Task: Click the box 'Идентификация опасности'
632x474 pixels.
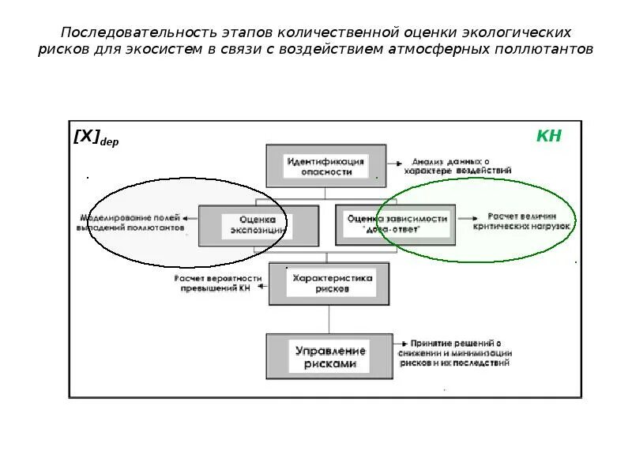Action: click(325, 166)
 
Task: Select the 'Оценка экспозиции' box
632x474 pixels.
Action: click(258, 225)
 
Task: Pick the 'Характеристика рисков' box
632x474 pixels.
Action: click(328, 284)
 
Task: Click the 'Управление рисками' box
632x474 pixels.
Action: click(329, 357)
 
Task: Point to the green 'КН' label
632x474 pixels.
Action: click(548, 136)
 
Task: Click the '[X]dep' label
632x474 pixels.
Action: click(96, 137)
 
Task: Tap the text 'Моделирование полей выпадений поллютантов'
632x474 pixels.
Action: click(131, 222)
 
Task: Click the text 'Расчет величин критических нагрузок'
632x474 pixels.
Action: click(521, 220)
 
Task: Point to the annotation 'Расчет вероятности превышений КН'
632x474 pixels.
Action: click(217, 284)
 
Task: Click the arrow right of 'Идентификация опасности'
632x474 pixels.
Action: click(392, 163)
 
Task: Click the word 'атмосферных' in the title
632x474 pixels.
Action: click(436, 50)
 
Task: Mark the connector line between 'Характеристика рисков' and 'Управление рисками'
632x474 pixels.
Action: click(328, 319)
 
